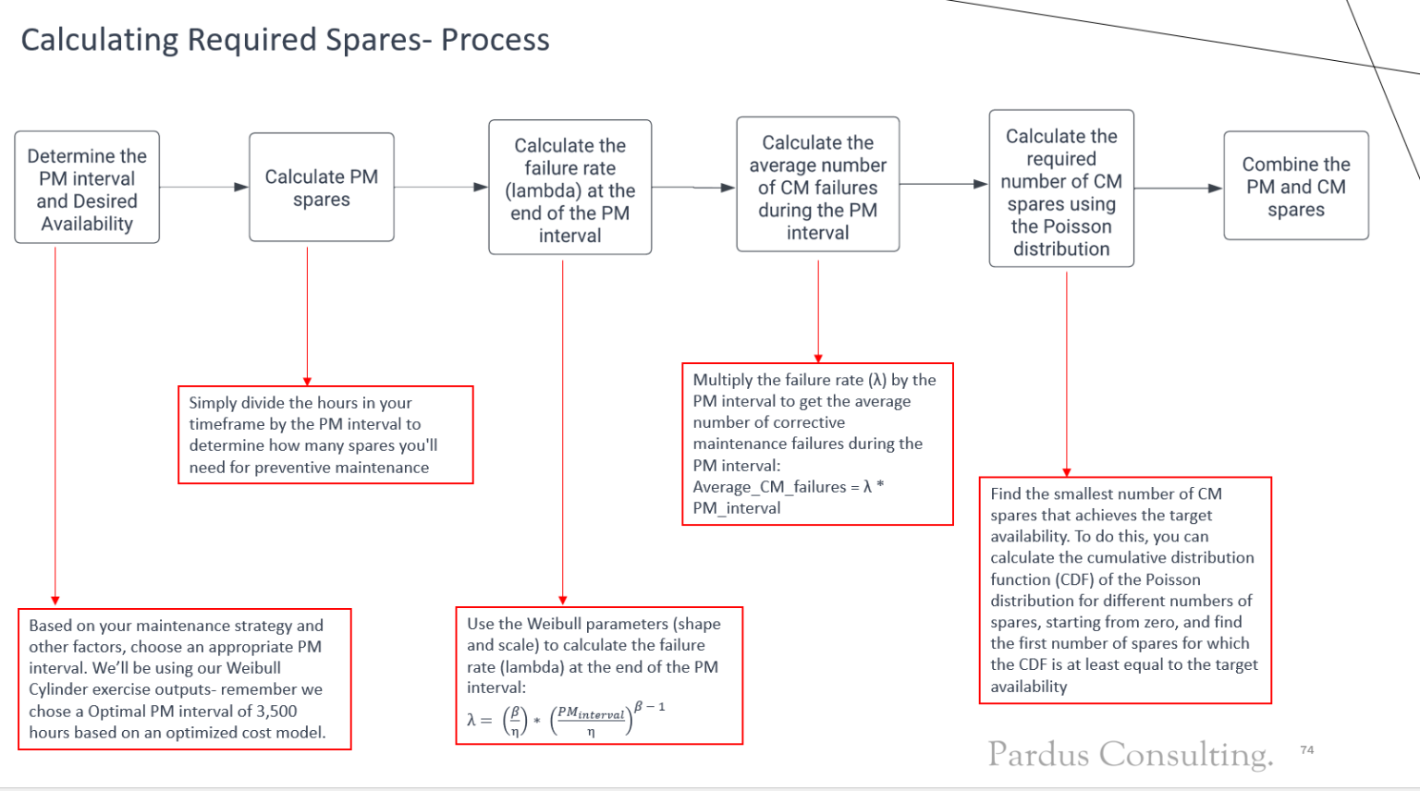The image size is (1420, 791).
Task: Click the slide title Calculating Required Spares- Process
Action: coord(285,40)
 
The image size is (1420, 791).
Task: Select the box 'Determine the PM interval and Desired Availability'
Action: coord(87,188)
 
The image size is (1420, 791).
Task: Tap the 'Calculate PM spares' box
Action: coord(321,188)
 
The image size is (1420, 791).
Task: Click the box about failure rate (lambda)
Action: coord(569,188)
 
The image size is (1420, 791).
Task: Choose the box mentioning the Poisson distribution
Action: coord(1060,189)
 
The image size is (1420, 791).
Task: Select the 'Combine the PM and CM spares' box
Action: coord(1295,186)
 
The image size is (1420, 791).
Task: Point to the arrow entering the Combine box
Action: coord(1178,189)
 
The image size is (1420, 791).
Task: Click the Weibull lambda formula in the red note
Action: coord(565,718)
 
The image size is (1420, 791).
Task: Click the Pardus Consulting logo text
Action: coord(1130,754)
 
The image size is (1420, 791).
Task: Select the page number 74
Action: coord(1306,749)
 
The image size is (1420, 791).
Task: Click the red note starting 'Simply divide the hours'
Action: coord(325,435)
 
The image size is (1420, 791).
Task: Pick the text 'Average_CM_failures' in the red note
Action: coord(769,487)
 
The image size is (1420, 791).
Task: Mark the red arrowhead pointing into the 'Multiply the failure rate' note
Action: coord(818,359)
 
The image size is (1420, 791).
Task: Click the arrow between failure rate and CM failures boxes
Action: coord(693,188)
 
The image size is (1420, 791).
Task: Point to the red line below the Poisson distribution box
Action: coord(1067,370)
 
